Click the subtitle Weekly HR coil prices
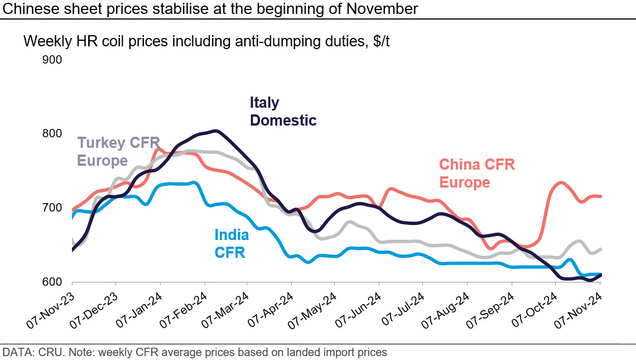coord(206,41)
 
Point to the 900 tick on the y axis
coord(52,59)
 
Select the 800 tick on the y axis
coord(52,133)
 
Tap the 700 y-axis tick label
coord(52,208)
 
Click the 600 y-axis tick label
coord(52,282)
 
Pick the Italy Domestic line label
coord(282,112)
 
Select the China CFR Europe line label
coord(476,174)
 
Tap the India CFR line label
coord(232,244)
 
